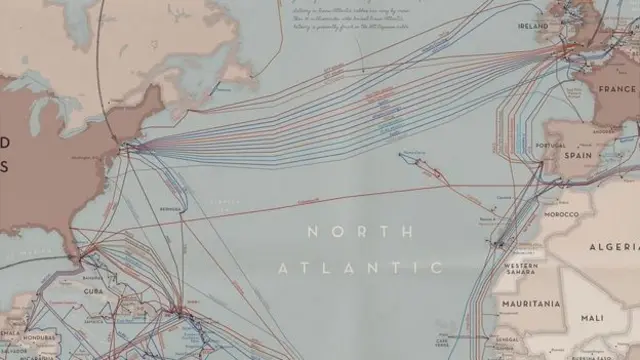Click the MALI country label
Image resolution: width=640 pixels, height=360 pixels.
coord(592,317)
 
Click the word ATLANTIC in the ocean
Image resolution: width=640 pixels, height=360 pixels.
coord(359,267)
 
